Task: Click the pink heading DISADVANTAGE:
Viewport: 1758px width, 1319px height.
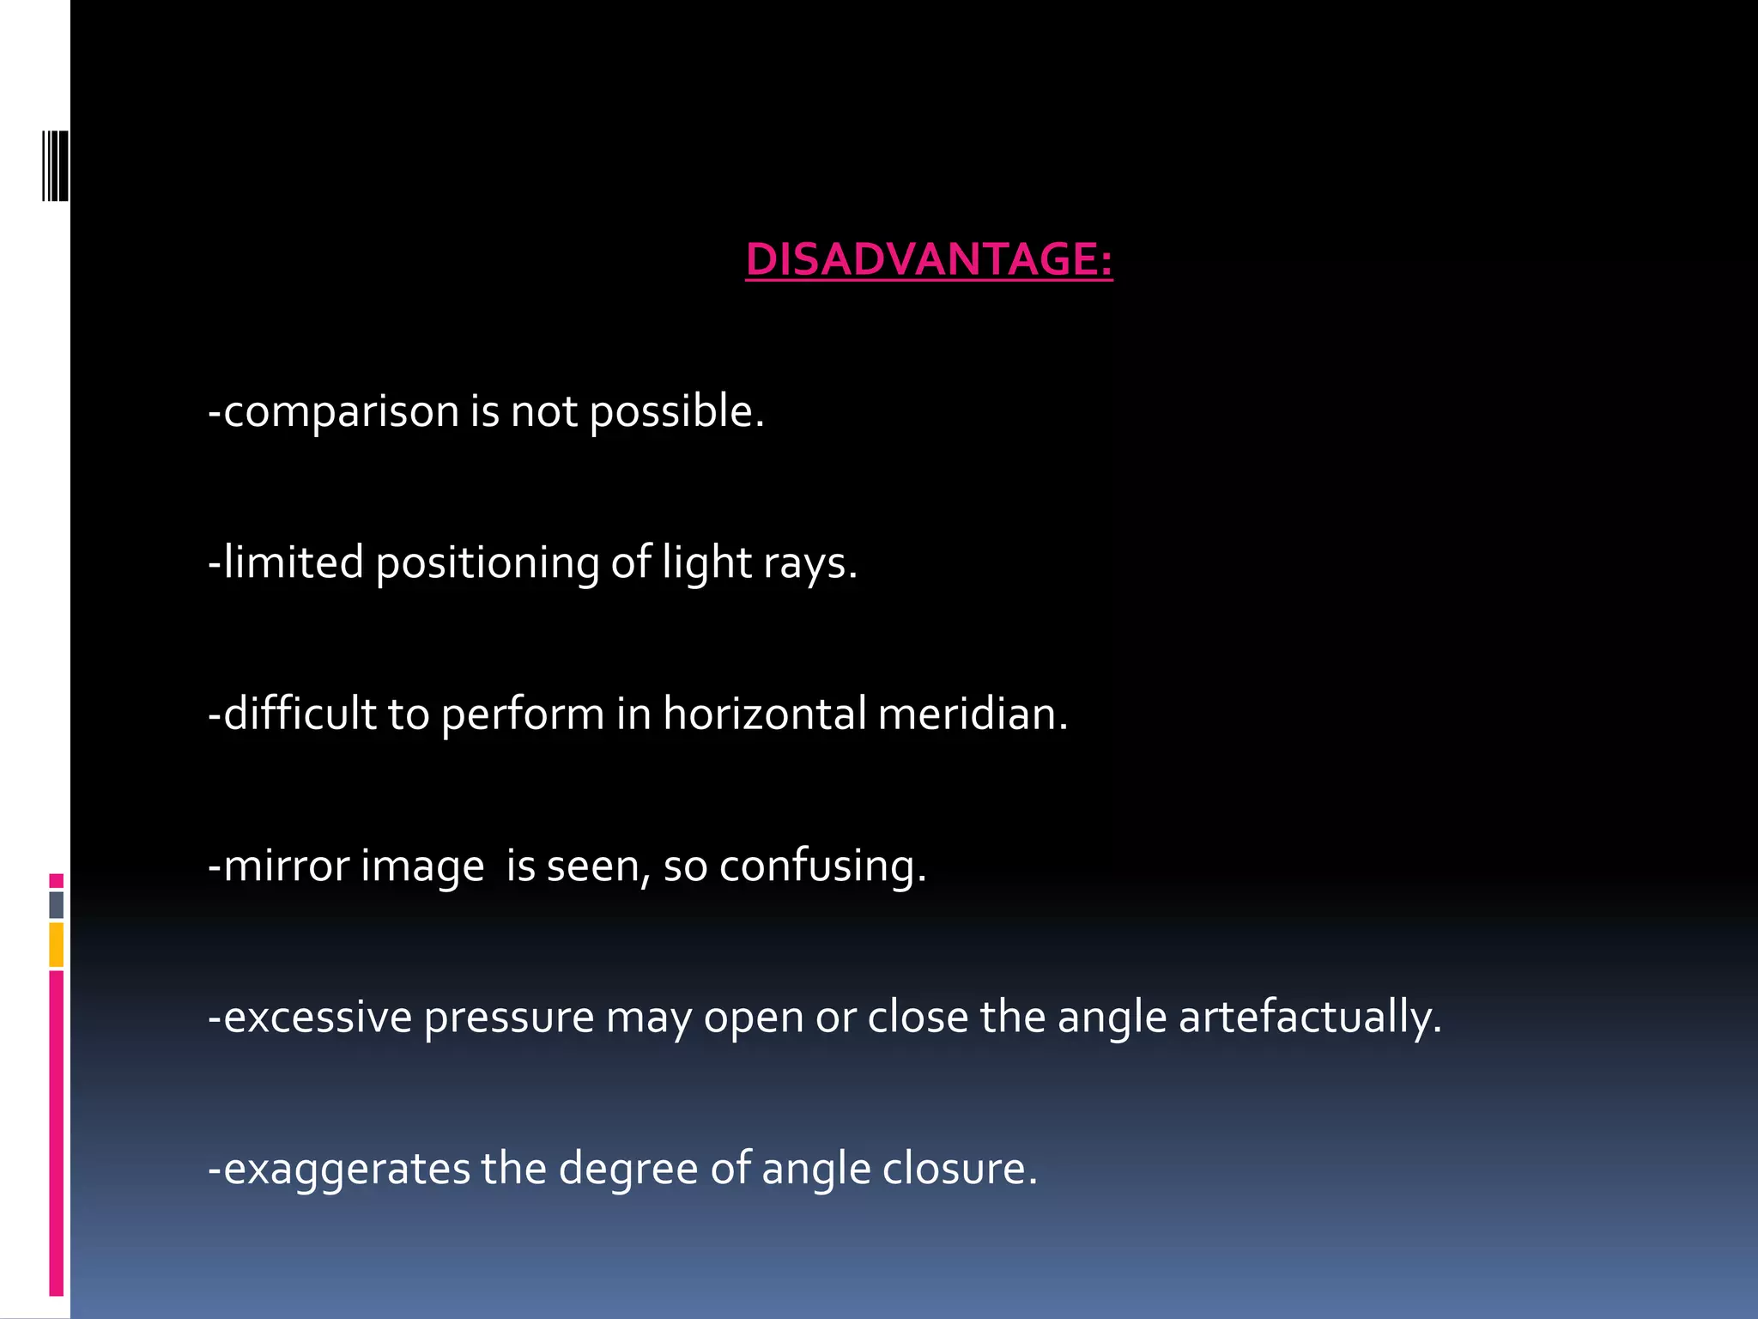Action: (x=929, y=259)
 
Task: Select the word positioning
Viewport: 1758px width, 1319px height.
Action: (x=487, y=564)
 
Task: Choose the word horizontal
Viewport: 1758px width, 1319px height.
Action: (x=764, y=714)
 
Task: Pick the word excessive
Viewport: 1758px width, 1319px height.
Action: (x=317, y=1018)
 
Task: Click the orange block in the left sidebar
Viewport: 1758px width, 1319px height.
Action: (x=57, y=945)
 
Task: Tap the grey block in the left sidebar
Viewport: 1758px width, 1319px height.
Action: (x=57, y=905)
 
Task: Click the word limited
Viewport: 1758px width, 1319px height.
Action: (x=293, y=562)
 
